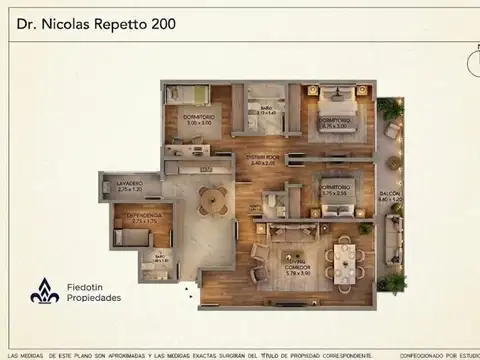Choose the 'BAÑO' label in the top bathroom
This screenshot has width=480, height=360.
tap(266, 108)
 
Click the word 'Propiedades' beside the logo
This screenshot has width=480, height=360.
tap(94, 298)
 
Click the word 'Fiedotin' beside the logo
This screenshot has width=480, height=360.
tap(83, 287)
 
